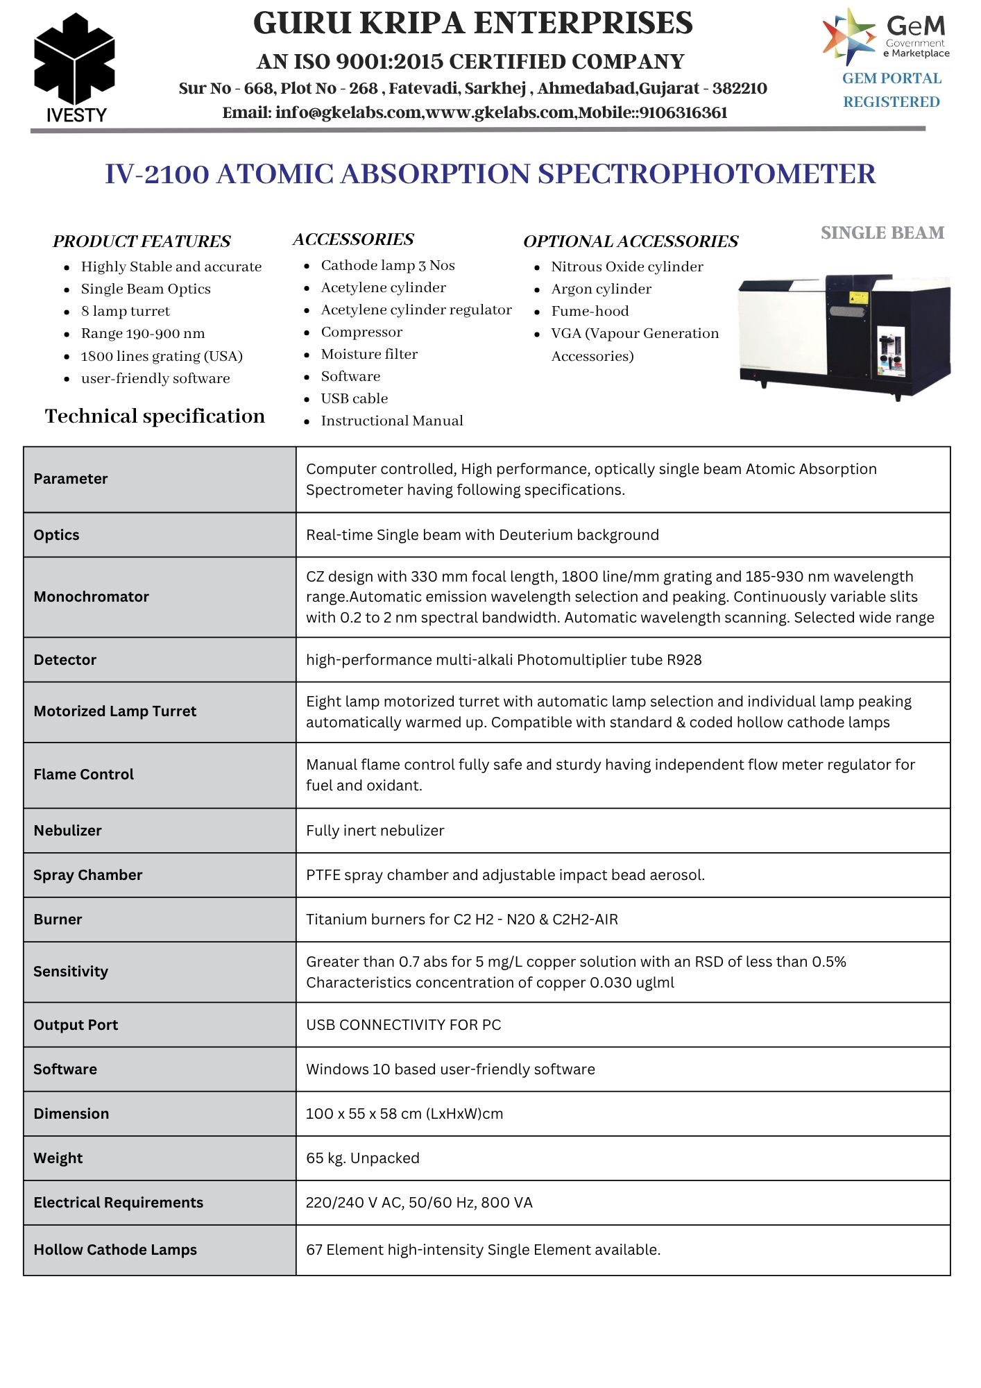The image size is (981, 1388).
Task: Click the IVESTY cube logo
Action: point(74,62)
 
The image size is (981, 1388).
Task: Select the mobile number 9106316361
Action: point(683,112)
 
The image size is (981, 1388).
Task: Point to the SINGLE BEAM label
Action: point(882,232)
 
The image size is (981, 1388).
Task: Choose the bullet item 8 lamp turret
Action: point(125,311)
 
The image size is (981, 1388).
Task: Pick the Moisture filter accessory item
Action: point(369,354)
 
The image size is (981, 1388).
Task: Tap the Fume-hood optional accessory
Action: point(590,311)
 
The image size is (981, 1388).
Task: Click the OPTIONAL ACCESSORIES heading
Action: point(630,241)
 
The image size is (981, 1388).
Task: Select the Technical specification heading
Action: point(155,416)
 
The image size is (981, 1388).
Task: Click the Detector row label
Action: point(65,659)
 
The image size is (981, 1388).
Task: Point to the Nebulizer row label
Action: point(67,830)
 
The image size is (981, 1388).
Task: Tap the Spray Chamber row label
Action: point(87,874)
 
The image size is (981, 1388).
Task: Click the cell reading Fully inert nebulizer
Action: point(375,830)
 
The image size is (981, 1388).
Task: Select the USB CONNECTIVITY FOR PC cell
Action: point(403,1024)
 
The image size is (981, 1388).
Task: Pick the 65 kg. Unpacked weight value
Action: point(362,1158)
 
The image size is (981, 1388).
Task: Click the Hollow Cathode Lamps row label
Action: point(115,1249)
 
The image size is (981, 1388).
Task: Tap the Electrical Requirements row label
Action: point(118,1202)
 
